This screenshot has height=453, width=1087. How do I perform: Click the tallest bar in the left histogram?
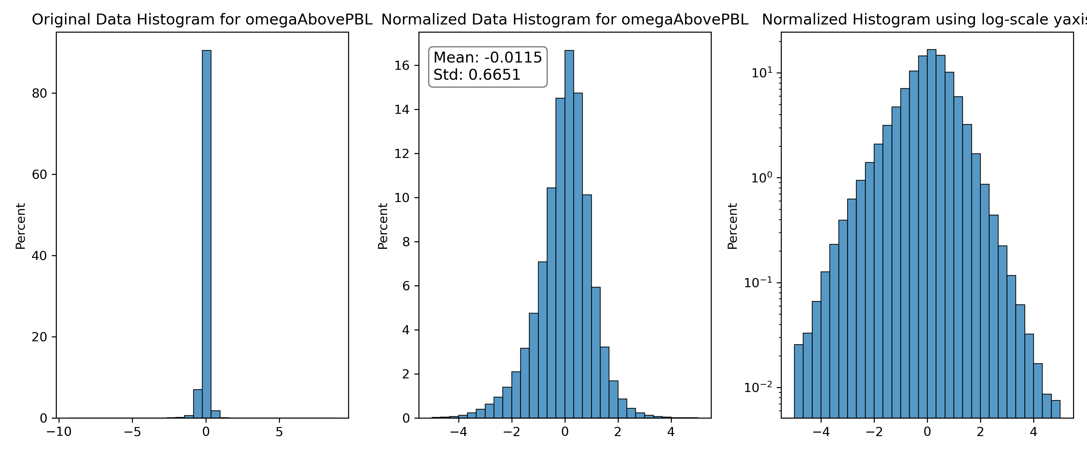click(206, 234)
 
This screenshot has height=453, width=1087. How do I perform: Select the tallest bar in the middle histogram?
click(569, 234)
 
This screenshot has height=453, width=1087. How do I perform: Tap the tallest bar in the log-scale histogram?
click(931, 233)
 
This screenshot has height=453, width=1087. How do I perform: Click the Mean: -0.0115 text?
click(487, 57)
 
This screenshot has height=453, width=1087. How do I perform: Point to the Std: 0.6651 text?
click(477, 75)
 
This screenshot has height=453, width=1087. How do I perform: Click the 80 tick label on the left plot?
click(39, 93)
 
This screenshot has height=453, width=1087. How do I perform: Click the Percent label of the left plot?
click(21, 226)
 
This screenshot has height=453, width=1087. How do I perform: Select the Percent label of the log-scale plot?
click(733, 226)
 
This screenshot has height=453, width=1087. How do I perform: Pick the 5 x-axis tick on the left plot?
click(279, 432)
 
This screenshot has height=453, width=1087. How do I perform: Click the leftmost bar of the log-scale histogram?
click(798, 381)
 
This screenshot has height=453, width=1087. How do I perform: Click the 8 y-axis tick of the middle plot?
click(406, 242)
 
